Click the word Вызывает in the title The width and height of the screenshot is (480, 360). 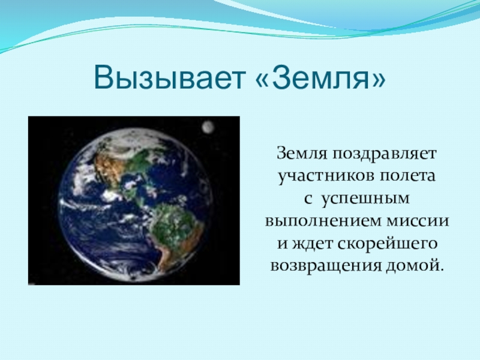(170, 77)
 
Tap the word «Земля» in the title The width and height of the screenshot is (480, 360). (320, 77)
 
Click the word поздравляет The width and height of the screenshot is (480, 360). (384, 154)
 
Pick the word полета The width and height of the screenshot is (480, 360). (407, 176)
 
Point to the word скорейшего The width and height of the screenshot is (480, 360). (388, 244)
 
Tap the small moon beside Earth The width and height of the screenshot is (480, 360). (208, 127)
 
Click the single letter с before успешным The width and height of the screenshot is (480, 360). (308, 200)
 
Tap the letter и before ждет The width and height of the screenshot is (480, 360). (282, 244)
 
